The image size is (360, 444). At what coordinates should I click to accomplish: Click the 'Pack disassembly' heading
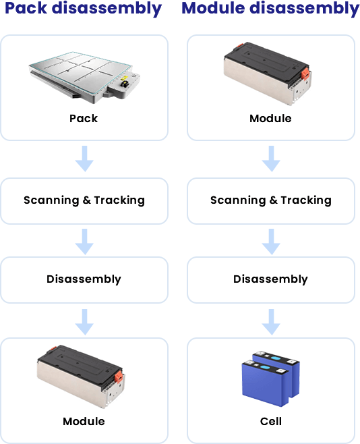point(83,9)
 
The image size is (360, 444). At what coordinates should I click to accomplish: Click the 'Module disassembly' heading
point(270,9)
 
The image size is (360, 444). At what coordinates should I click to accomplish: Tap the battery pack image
point(84,76)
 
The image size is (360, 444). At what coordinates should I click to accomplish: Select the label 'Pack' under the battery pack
point(84,118)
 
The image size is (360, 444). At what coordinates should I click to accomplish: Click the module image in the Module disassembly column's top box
point(268,74)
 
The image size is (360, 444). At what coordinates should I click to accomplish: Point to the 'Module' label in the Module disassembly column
point(270,118)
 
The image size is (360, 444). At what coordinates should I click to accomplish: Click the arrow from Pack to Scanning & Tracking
point(84,159)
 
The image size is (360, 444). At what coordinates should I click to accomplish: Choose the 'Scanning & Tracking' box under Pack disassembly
point(84,201)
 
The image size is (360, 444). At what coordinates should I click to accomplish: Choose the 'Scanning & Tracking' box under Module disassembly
point(271,201)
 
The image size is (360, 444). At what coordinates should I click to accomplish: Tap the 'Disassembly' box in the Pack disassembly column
point(84,280)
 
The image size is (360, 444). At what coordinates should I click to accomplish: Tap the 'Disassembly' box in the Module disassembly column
point(271,280)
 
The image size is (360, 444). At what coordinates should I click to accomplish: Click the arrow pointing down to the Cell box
point(271,322)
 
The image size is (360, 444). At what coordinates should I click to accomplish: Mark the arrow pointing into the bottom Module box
point(84,322)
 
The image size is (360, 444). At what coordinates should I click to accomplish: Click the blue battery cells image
point(270,379)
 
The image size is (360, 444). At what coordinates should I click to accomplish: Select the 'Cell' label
point(270,421)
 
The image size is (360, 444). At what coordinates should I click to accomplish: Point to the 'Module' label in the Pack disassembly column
point(84,421)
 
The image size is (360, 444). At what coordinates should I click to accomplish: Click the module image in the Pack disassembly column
point(81,377)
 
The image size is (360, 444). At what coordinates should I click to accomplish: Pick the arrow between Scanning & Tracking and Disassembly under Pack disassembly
point(84,242)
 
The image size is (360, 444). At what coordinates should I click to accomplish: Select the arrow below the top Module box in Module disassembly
point(271,159)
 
